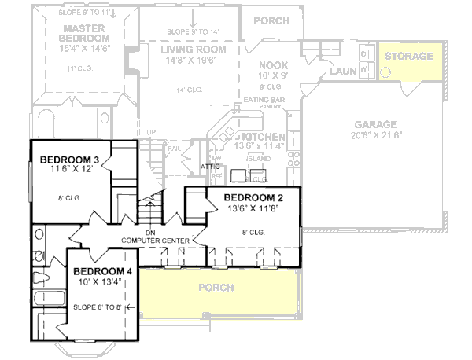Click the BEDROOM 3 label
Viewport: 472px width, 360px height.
[68, 160]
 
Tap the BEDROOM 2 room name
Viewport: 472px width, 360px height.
[253, 197]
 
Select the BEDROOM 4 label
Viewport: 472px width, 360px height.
[103, 271]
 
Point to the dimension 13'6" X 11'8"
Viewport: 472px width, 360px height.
[253, 208]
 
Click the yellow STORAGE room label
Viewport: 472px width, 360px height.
[408, 57]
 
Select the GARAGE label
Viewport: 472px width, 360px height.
[376, 125]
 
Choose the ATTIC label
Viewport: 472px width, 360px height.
[210, 167]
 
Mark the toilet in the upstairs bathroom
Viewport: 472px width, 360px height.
[40, 277]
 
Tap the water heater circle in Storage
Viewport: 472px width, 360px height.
[386, 72]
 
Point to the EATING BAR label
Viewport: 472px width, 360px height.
[263, 100]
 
